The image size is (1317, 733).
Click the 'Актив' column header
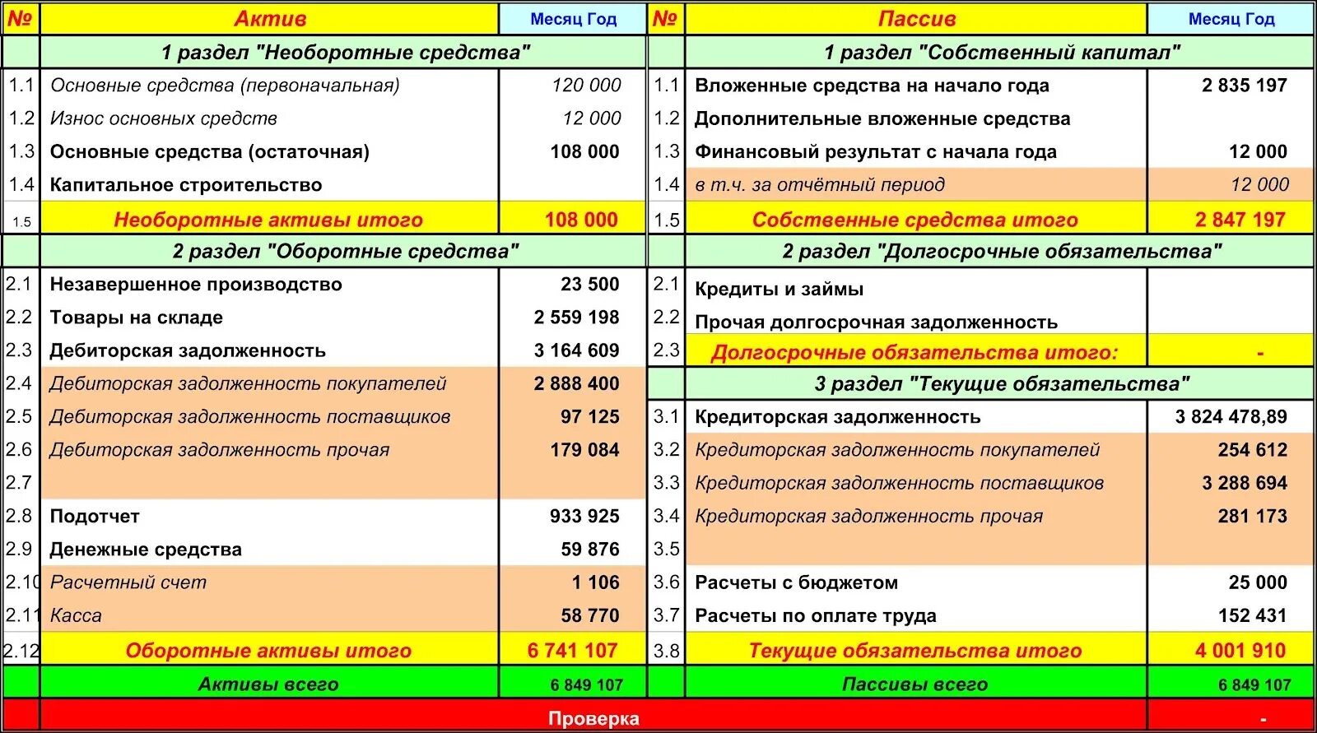coord(270,19)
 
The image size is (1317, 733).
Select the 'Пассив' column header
coord(916,19)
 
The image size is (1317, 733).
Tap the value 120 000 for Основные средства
coord(586,86)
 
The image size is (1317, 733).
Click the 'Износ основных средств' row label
coord(164,118)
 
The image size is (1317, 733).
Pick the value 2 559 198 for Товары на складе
coord(576,318)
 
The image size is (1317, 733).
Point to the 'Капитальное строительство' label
coord(186,185)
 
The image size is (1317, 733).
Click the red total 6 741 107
coord(572,651)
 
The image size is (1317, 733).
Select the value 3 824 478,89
coord(1231,417)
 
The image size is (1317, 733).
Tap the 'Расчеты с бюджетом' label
coord(796,583)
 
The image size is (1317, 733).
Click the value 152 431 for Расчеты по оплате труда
coord(1252,616)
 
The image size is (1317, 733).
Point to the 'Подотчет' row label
coord(95,517)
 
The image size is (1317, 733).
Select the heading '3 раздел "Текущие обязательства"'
coord(1002,384)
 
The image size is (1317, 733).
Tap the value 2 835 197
coord(1244,86)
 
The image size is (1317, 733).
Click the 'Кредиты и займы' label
coord(779,290)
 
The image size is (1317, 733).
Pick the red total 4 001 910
coord(1240,651)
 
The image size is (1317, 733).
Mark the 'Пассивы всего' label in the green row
coord(914,684)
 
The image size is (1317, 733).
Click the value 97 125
coord(589,417)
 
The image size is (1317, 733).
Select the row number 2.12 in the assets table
coord(21,651)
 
